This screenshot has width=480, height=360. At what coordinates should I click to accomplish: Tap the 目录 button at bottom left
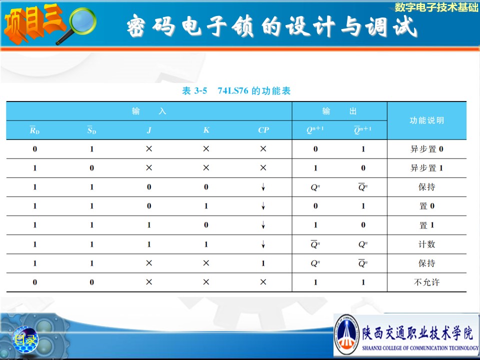tap(25, 339)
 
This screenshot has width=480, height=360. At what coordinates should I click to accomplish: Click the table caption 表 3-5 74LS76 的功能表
tap(236, 90)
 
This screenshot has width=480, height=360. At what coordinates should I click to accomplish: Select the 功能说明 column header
tap(426, 120)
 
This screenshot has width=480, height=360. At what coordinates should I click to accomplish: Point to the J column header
tap(149, 130)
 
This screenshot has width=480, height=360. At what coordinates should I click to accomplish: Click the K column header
tap(206, 130)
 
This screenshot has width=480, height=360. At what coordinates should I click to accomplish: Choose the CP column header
tap(263, 130)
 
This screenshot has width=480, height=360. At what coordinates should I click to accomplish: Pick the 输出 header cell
tap(339, 111)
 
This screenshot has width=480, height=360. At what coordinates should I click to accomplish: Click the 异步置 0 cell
tap(426, 149)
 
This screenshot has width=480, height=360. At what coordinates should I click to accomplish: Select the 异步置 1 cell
tap(426, 168)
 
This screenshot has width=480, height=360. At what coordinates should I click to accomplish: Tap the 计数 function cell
tap(426, 244)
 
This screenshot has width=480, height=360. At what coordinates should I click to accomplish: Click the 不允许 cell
tap(426, 282)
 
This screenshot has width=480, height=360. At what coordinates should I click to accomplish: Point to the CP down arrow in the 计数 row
tap(263, 244)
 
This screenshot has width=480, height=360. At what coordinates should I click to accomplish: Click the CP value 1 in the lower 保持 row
tap(263, 263)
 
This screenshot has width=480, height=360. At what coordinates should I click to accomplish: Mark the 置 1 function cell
tap(426, 225)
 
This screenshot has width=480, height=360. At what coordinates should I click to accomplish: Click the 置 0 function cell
tap(426, 206)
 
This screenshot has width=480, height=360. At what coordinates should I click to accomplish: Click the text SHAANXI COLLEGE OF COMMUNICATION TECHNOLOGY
tap(420, 348)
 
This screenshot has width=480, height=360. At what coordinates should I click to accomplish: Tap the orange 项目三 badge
tap(33, 24)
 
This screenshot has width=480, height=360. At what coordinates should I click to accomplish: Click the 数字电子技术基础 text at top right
tap(436, 7)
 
